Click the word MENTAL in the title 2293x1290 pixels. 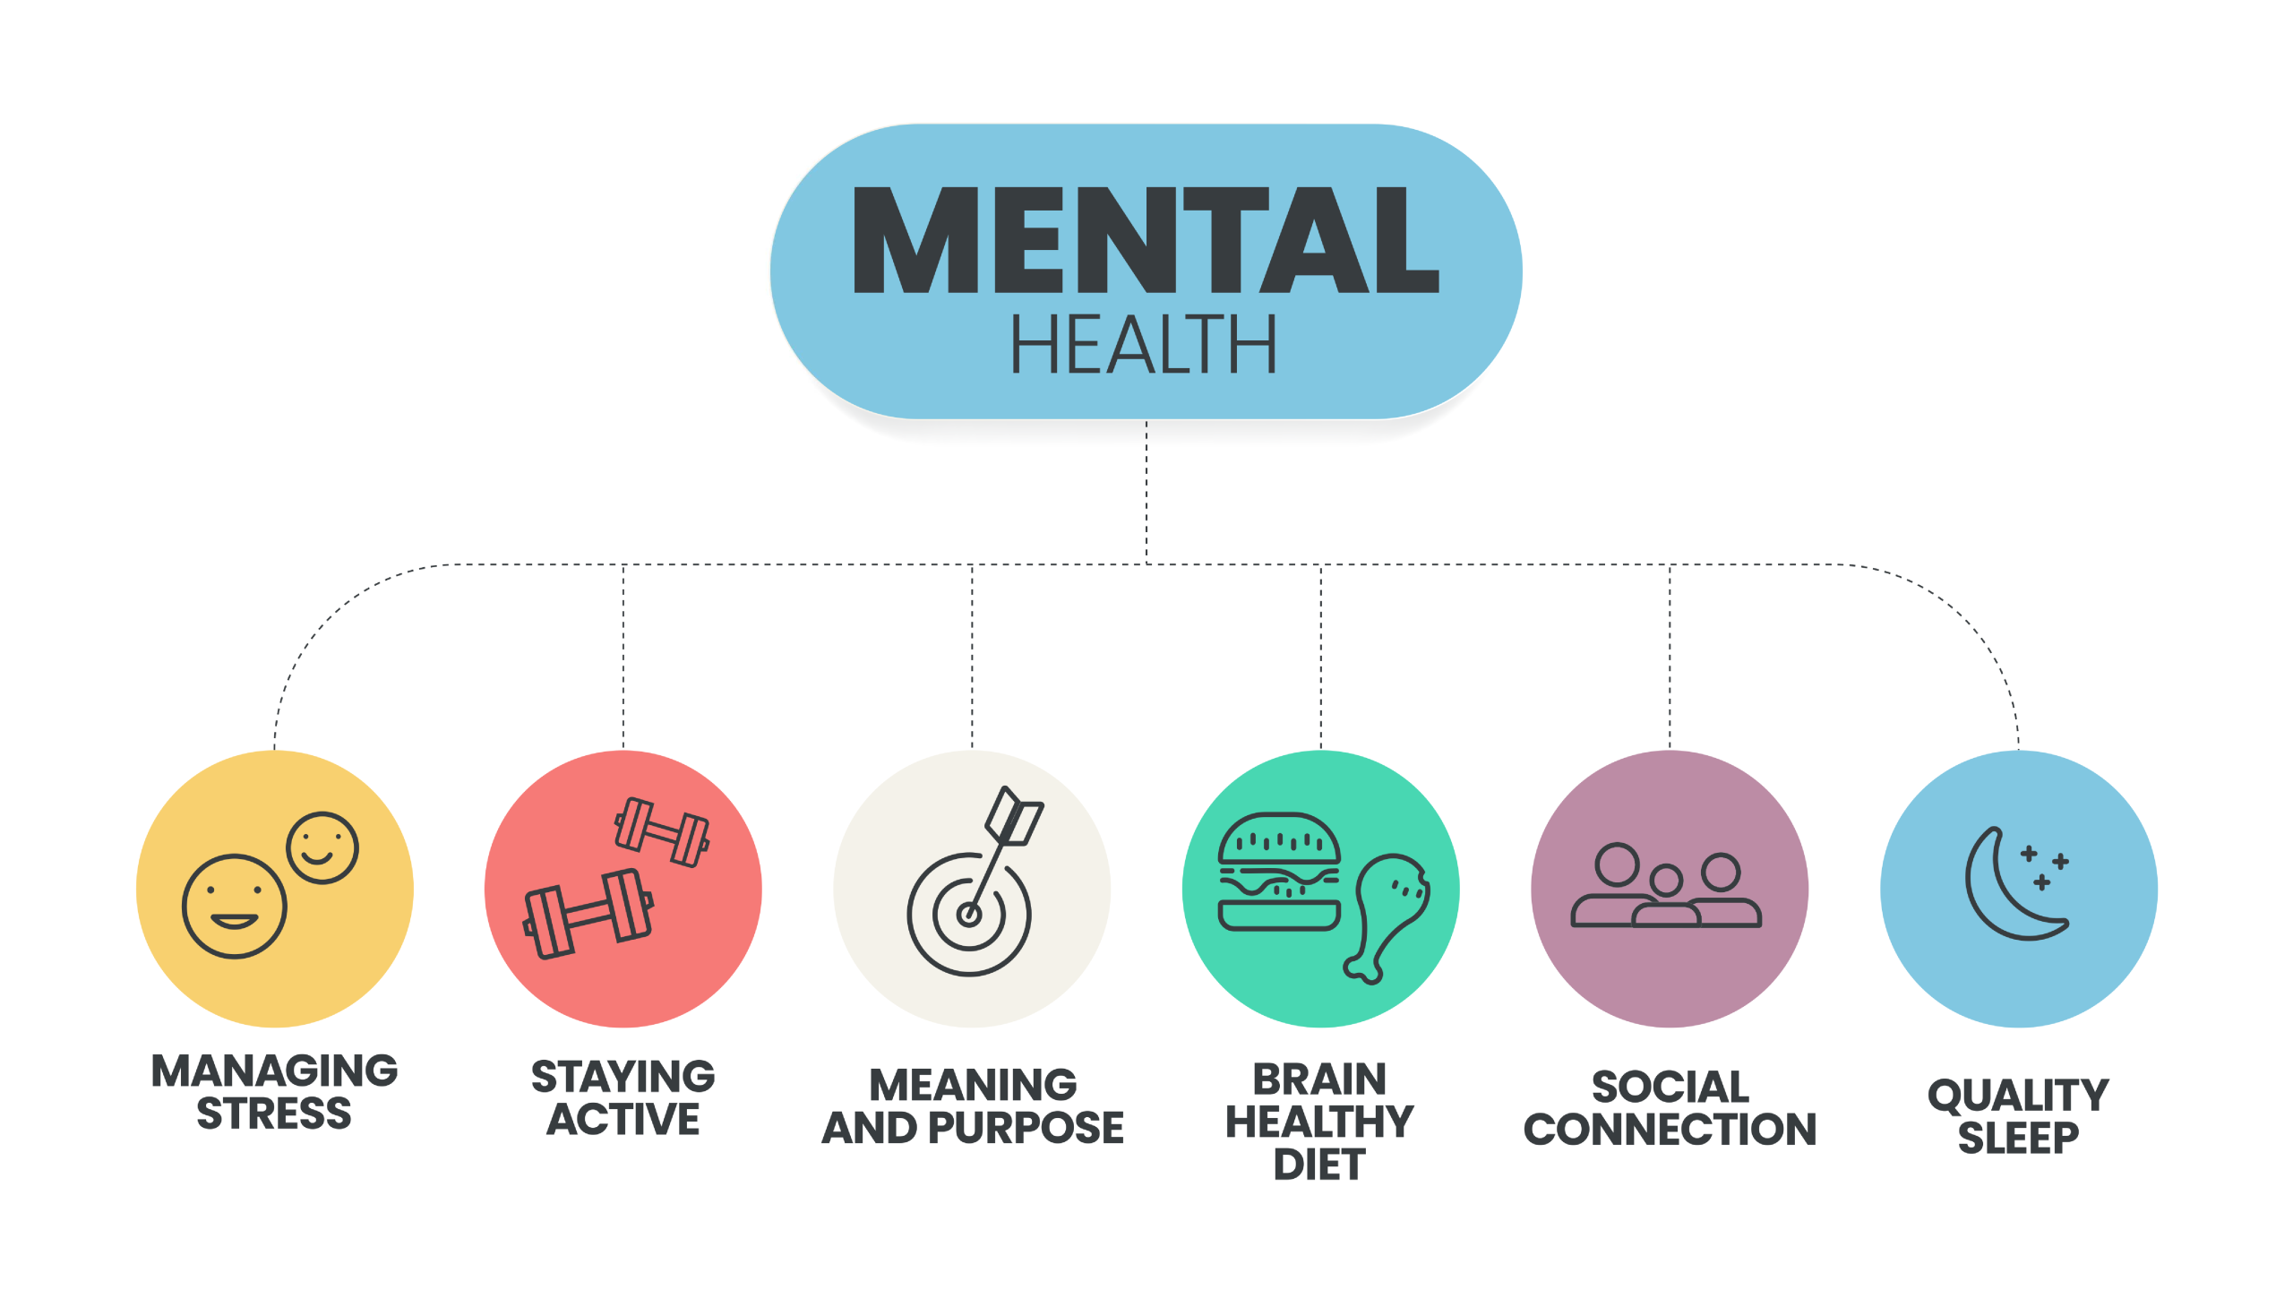1146,240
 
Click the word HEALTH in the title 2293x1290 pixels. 1144,345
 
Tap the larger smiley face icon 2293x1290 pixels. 234,906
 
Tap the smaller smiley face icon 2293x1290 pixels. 322,847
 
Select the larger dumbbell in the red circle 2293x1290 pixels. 588,914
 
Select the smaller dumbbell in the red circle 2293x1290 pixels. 662,832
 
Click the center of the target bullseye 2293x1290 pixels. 968,915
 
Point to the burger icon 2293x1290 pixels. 1279,872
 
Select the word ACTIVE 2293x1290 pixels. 623,1120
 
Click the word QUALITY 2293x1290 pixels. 2018,1096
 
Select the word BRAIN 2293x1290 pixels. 1319,1079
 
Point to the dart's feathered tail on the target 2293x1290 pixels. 1016,816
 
